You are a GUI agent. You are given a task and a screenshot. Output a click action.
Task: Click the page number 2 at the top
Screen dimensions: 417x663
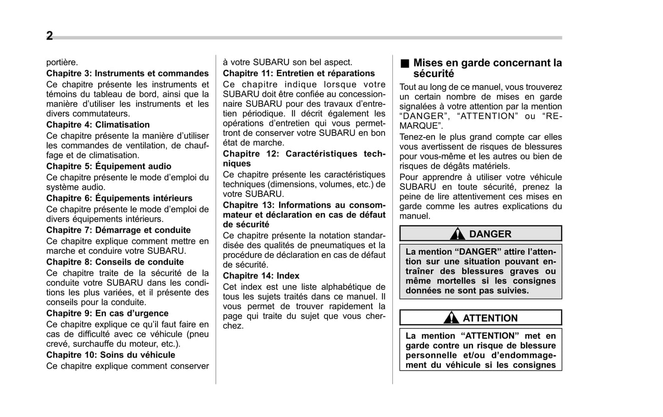[50, 36]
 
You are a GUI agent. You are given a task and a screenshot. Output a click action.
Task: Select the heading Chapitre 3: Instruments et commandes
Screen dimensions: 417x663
[127, 73]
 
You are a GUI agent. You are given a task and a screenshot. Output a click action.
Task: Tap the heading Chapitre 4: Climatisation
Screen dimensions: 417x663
[98, 125]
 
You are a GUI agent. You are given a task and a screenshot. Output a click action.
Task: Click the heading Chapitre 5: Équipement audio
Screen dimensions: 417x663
[109, 167]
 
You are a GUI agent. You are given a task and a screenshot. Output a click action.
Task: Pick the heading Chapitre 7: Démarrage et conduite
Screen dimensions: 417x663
[118, 230]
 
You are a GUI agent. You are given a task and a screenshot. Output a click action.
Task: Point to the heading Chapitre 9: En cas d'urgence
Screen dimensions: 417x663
[107, 313]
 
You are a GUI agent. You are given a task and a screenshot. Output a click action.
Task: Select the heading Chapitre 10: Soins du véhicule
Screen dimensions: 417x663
[111, 355]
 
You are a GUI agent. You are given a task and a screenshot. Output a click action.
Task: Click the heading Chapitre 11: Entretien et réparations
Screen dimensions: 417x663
[299, 73]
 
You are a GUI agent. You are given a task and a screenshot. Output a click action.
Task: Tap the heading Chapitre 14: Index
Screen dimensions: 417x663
[261, 276]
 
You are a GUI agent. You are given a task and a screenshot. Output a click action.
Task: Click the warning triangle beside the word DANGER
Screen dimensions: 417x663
[457, 234]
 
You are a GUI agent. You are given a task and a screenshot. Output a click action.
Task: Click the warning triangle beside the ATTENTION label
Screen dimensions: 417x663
[451, 317]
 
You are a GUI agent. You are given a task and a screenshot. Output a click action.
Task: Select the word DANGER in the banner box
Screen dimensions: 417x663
[490, 234]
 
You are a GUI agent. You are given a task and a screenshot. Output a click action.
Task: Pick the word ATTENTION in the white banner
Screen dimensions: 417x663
[490, 318]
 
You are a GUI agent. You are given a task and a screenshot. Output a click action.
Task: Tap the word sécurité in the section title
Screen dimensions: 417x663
[434, 74]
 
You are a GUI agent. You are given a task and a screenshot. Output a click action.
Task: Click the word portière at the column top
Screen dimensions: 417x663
[62, 62]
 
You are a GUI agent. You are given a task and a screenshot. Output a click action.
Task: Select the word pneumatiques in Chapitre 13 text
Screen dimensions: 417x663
[336, 245]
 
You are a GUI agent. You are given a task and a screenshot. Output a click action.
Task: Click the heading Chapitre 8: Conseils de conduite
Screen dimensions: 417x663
[115, 262]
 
